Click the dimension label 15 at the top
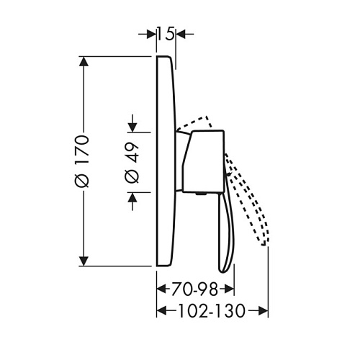pos(166,35)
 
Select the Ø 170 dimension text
pos(82,161)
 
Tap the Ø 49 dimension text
pos(132,163)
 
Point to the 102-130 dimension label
pos(212,311)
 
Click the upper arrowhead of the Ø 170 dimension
pos(84,61)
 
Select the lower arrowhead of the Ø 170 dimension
pos(84,261)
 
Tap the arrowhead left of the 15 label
pos(150,35)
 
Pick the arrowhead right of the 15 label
pos(181,35)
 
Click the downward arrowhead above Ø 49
pos(132,127)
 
